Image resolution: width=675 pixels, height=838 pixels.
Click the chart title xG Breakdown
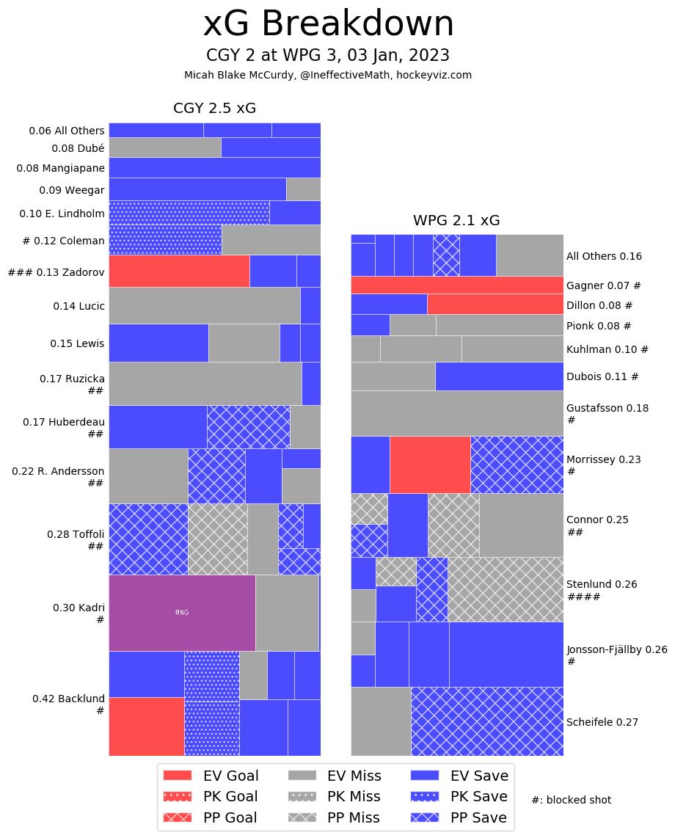328,24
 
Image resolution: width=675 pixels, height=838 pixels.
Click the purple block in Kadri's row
182,613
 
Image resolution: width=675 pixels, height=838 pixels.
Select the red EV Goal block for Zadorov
179,271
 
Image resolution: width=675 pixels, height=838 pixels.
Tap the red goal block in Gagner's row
456,285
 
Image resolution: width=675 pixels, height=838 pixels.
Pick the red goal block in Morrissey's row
430,464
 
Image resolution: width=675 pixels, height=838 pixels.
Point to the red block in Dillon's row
495,304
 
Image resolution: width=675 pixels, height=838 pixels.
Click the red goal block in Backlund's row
147,726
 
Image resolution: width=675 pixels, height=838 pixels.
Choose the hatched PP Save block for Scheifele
487,721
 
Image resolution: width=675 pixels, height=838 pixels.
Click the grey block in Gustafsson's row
456,413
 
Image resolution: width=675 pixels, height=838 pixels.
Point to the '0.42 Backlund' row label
68,699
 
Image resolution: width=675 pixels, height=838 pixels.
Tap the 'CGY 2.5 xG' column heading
214,108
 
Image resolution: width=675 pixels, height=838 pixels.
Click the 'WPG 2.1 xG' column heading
456,220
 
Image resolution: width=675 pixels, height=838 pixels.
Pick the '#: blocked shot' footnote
571,800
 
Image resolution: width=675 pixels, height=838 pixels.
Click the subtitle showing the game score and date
328,56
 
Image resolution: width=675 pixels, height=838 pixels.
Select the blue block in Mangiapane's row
214,167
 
